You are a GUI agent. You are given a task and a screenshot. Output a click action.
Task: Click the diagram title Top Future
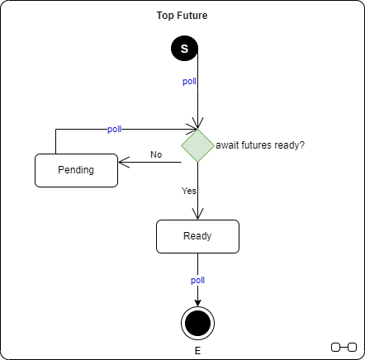(182, 16)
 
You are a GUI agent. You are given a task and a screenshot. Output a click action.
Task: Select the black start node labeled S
(184, 49)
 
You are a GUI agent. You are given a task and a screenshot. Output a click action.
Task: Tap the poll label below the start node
(189, 82)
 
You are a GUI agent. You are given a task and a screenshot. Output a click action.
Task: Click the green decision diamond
(197, 145)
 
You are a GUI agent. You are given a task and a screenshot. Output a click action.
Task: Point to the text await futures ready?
(260, 145)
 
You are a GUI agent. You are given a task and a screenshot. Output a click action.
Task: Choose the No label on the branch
(155, 154)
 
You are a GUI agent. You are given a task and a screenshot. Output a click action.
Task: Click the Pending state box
(76, 170)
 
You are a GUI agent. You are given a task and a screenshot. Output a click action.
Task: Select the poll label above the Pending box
(114, 130)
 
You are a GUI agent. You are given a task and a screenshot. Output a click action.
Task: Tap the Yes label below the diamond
(189, 191)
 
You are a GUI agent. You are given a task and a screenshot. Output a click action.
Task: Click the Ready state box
(197, 236)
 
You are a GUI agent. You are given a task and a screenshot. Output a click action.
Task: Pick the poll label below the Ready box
(197, 280)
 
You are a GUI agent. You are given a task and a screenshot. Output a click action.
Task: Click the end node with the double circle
(197, 322)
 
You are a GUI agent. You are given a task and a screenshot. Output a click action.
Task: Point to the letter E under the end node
(197, 351)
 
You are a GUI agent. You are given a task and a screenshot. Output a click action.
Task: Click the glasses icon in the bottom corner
(344, 345)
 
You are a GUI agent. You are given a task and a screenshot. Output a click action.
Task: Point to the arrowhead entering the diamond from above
(197, 124)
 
